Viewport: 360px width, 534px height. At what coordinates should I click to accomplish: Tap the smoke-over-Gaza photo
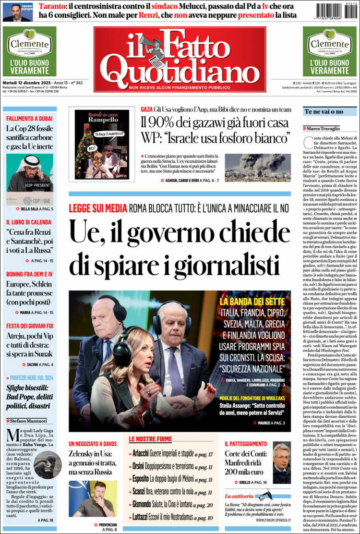[257, 167]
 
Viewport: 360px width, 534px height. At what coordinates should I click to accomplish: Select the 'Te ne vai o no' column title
[324, 111]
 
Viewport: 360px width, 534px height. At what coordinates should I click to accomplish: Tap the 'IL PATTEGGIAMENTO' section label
[246, 444]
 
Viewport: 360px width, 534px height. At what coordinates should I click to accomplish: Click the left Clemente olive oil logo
[29, 45]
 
